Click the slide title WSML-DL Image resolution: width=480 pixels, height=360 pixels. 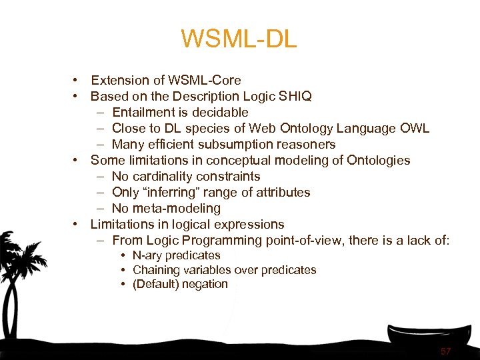pyautogui.click(x=239, y=39)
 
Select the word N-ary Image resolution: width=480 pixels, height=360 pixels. pyautogui.click(x=147, y=255)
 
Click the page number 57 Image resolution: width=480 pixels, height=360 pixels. pyautogui.click(x=445, y=351)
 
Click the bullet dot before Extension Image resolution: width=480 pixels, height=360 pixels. pyautogui.click(x=78, y=80)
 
